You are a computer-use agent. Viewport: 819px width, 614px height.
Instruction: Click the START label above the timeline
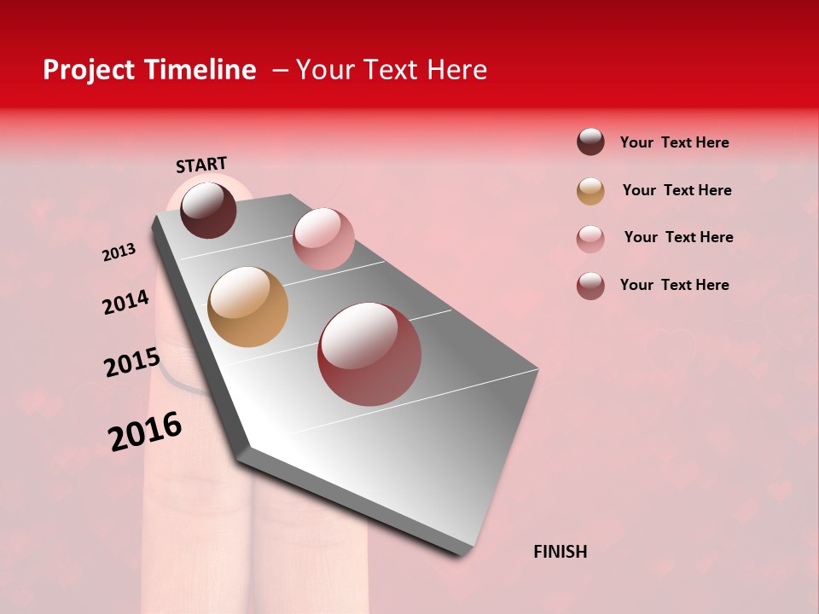click(201, 164)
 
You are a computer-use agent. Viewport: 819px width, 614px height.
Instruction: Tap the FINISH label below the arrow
click(560, 552)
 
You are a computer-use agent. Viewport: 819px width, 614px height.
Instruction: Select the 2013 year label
click(119, 252)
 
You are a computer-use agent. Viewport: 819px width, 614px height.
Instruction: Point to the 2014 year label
click(125, 302)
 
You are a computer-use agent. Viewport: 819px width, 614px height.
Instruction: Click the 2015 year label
click(132, 362)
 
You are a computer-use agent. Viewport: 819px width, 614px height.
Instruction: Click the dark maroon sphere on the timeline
click(208, 210)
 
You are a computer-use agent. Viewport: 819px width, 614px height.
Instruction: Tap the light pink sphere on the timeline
click(323, 238)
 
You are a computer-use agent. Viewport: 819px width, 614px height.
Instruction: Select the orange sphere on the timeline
click(247, 307)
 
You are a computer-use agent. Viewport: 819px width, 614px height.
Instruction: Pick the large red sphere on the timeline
click(369, 354)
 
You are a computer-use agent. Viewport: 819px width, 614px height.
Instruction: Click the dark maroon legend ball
click(590, 142)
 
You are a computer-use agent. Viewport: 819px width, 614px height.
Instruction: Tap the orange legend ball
click(590, 191)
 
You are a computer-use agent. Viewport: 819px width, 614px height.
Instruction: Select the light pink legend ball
click(590, 239)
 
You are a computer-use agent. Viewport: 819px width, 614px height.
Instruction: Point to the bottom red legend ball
click(590, 286)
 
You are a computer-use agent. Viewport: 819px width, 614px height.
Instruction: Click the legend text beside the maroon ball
click(674, 142)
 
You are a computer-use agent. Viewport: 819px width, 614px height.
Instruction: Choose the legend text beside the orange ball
click(677, 190)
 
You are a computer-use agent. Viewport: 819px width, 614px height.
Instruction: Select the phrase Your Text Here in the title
click(391, 70)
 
